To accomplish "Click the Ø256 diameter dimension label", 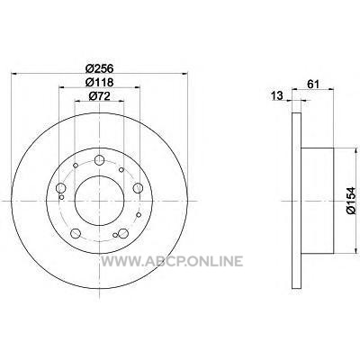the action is pos(99,68).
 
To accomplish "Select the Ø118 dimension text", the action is pos(99,82).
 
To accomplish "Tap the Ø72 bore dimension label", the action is pos(99,96).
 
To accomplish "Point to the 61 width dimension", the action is pos(312,85).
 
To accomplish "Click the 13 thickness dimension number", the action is pos(277,96).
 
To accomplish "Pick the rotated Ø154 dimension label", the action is pos(351,201).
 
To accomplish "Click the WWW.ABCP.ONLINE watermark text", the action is pos(172,261).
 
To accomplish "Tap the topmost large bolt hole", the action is pos(99,160).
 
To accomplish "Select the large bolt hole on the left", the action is pos(61,188).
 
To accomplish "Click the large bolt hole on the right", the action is pos(138,188).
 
